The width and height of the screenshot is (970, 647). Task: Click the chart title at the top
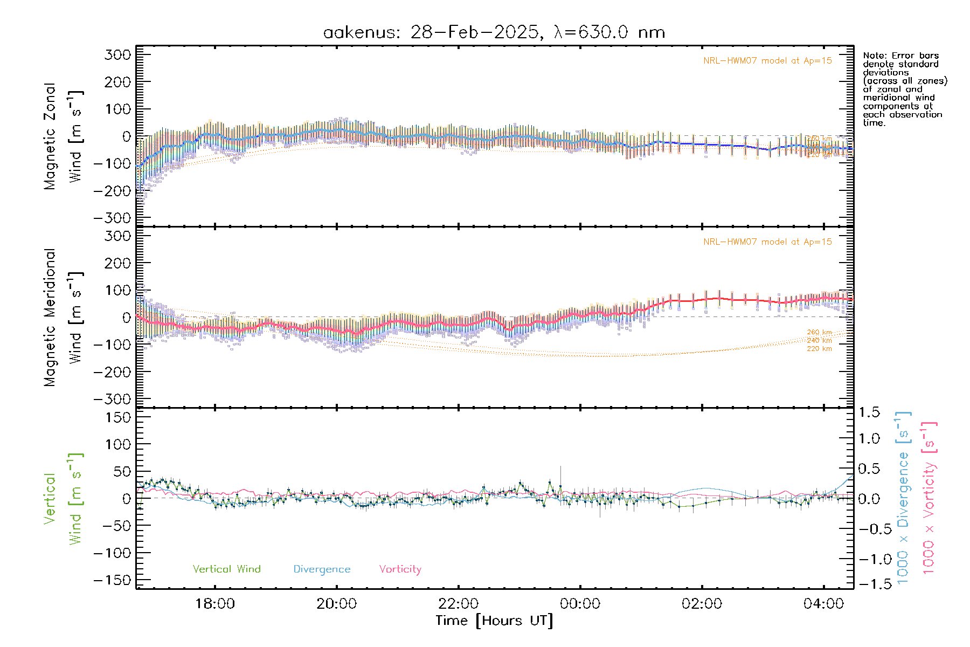(494, 32)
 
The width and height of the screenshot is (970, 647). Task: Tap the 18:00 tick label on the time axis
(215, 604)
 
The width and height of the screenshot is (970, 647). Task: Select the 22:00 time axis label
(459, 604)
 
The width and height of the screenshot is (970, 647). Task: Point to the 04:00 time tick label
(823, 604)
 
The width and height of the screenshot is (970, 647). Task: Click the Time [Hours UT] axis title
(494, 621)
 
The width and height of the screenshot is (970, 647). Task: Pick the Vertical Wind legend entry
(226, 569)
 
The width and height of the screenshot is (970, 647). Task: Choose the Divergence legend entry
(322, 569)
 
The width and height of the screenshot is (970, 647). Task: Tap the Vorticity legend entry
(400, 569)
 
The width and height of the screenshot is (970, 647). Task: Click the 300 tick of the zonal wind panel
(117, 54)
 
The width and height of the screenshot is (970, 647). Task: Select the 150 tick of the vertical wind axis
(117, 417)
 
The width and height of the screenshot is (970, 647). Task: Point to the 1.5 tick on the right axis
(869, 412)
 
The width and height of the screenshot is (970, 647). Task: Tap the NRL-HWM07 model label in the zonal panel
(767, 61)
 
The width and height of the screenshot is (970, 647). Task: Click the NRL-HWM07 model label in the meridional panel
(767, 242)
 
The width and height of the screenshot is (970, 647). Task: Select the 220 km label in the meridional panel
(819, 349)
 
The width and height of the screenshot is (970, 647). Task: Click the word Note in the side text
(874, 56)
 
